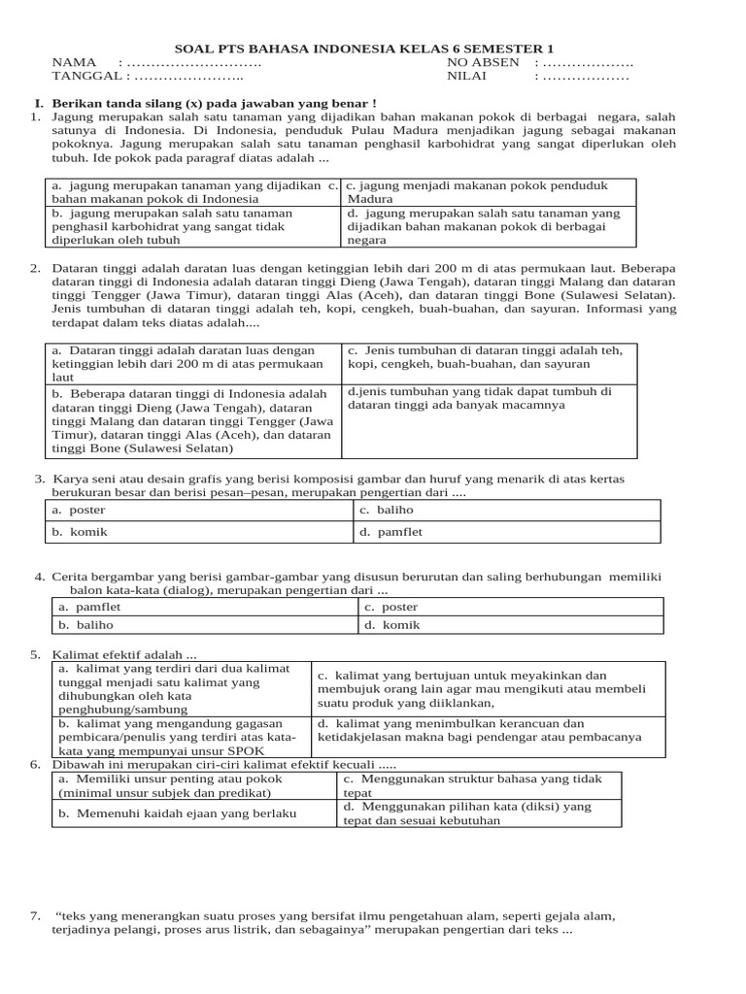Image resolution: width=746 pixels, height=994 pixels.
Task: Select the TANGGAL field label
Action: [85, 76]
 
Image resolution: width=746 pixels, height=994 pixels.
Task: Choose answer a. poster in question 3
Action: [80, 510]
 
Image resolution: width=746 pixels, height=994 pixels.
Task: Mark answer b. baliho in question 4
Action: [84, 625]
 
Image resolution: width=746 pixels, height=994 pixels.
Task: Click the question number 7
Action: [35, 915]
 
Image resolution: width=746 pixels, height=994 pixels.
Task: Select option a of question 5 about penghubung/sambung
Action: [159, 689]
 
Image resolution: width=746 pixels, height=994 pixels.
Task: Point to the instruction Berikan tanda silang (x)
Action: [213, 102]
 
